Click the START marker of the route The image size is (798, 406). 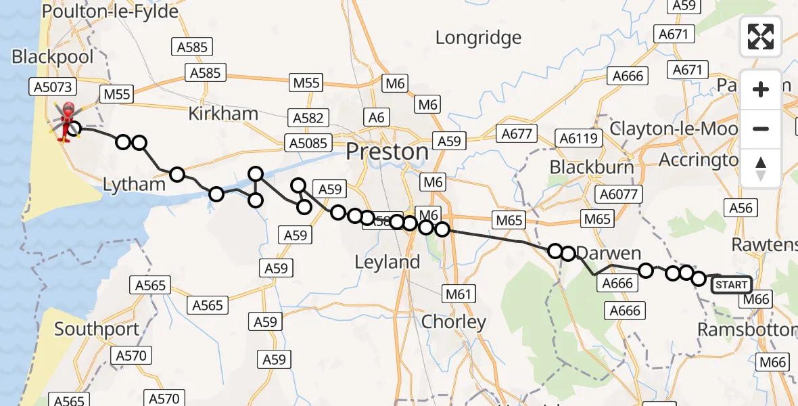pyautogui.click(x=731, y=285)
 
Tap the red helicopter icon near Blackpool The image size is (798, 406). pyautogui.click(x=68, y=122)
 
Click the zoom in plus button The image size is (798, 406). pyautogui.click(x=761, y=89)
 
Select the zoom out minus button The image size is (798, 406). pyautogui.click(x=761, y=129)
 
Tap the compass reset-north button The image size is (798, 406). pyautogui.click(x=761, y=168)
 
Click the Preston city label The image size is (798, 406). pyautogui.click(x=387, y=152)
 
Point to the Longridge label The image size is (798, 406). pyautogui.click(x=478, y=38)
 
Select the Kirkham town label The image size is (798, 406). pyautogui.click(x=223, y=114)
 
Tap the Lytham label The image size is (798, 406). pyautogui.click(x=134, y=184)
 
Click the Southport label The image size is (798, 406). pyautogui.click(x=97, y=330)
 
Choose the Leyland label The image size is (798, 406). pyautogui.click(x=388, y=262)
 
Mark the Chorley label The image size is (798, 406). pyautogui.click(x=454, y=322)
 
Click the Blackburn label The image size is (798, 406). pyautogui.click(x=592, y=166)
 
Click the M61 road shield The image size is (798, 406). pyautogui.click(x=459, y=294)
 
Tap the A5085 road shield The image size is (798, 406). pyautogui.click(x=308, y=143)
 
